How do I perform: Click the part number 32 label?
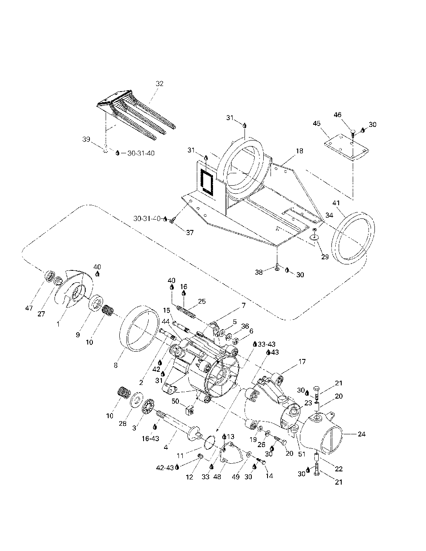click(x=159, y=84)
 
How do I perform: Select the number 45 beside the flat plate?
click(x=317, y=123)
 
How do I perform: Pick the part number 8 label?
click(x=116, y=365)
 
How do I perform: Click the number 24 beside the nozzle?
click(x=362, y=435)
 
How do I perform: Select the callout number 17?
click(x=302, y=362)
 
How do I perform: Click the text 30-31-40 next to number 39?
click(x=141, y=153)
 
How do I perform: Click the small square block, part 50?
click(x=190, y=411)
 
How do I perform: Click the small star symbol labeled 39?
click(x=105, y=149)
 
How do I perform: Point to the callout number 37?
click(x=189, y=232)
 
